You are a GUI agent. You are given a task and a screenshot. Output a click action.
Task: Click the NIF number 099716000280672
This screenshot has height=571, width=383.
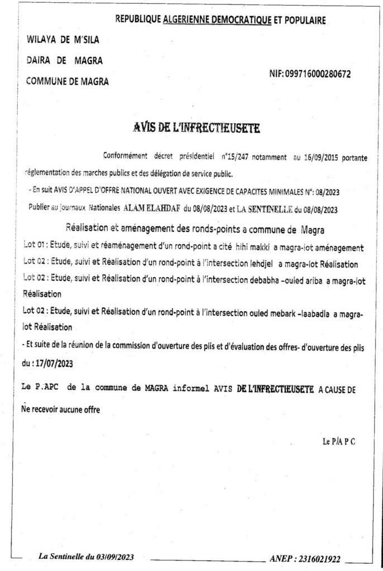318,74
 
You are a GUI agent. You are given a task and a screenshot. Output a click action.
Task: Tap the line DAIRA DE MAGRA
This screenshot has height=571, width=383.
65,60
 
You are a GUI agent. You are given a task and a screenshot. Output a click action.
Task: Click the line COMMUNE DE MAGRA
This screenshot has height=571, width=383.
68,81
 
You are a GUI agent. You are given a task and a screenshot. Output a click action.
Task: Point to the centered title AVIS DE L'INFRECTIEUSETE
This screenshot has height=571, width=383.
197,128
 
